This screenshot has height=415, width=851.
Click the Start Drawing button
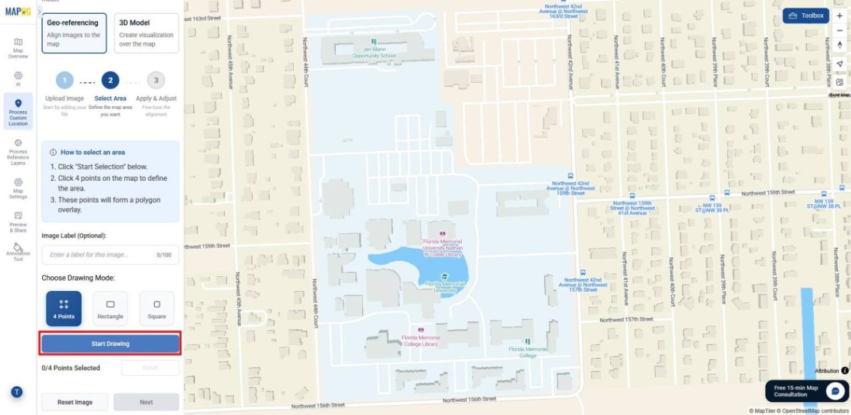point(110,344)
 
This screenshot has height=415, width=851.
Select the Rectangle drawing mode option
point(110,309)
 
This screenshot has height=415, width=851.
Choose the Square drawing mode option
point(157,309)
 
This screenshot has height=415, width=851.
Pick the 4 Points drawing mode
point(63,309)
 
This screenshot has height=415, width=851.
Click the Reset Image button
point(75,402)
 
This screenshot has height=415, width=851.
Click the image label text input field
point(101,254)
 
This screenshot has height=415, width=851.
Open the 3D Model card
point(146,33)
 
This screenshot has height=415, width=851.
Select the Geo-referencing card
point(74,33)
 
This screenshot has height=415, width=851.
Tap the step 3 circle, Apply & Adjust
point(156,79)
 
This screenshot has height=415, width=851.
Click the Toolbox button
point(806,16)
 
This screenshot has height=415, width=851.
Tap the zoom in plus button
point(839,16)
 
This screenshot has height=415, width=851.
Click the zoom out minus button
point(839,31)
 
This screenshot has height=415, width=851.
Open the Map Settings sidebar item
point(18,188)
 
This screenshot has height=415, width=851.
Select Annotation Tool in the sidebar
point(18,252)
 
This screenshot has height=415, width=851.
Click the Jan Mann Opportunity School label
point(374,52)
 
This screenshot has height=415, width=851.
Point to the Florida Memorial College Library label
point(420,341)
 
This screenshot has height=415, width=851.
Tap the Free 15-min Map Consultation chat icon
point(835,391)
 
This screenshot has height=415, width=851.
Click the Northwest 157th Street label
point(626,319)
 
